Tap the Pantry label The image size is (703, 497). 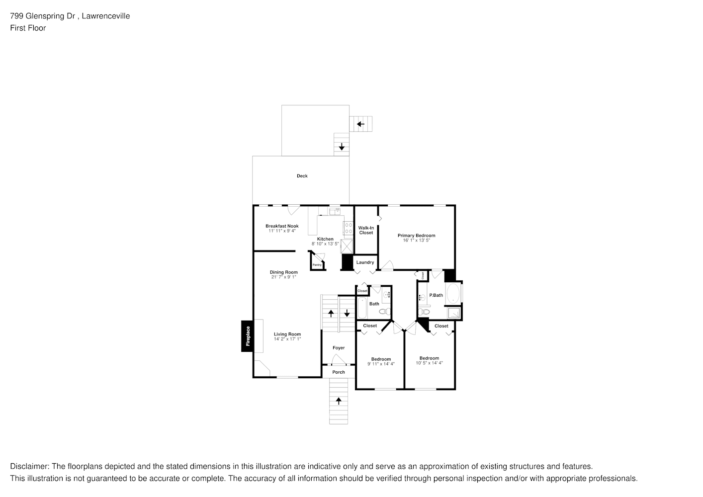point(317,265)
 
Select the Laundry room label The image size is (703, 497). point(365,262)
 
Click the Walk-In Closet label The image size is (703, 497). point(366,230)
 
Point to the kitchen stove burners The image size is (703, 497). point(348,228)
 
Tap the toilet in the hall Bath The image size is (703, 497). point(384,312)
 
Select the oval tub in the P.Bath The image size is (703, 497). point(453,294)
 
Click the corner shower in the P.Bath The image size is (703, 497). point(454,313)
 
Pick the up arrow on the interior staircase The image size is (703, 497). point(331,314)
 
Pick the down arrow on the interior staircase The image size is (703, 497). point(347,314)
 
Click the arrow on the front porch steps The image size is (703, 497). point(339,401)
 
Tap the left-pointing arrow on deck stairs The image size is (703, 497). point(361,124)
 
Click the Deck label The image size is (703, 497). point(302,176)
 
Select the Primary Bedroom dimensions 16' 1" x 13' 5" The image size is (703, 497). point(416,241)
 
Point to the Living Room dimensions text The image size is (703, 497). point(287,339)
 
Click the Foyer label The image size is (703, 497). point(339,348)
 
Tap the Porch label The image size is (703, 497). point(339,372)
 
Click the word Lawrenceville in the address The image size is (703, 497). point(107,16)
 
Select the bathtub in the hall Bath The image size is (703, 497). point(362,309)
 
